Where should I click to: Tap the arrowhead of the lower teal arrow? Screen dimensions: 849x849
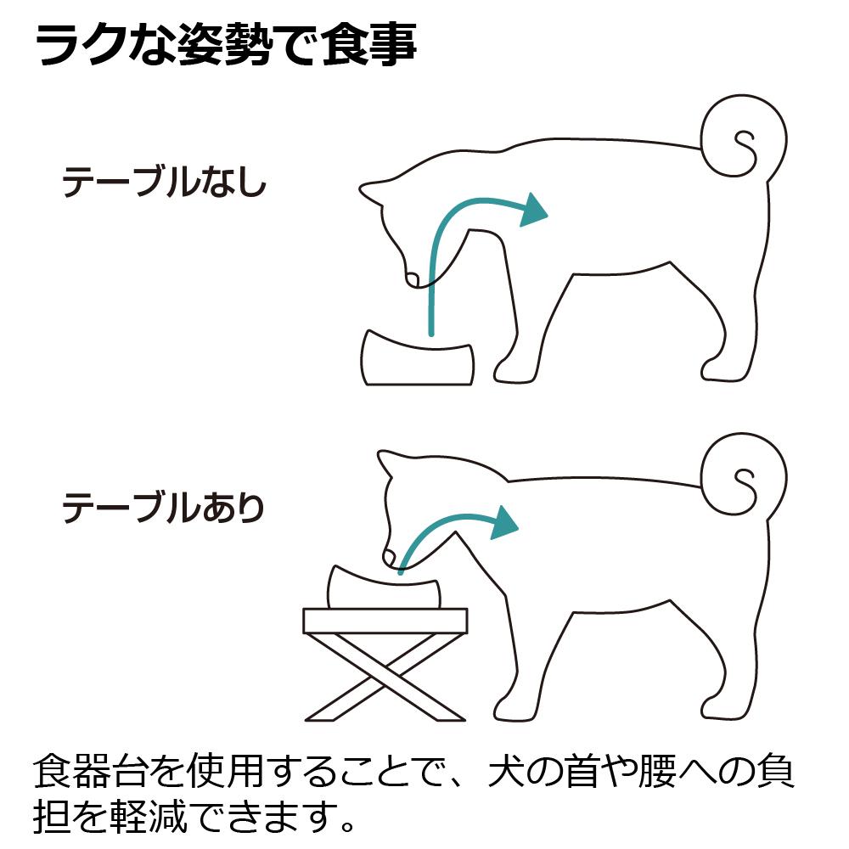pyautogui.click(x=504, y=523)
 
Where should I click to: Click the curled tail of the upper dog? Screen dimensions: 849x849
pyautogui.click(x=744, y=139)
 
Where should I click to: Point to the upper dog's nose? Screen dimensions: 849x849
pyautogui.click(x=412, y=278)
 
